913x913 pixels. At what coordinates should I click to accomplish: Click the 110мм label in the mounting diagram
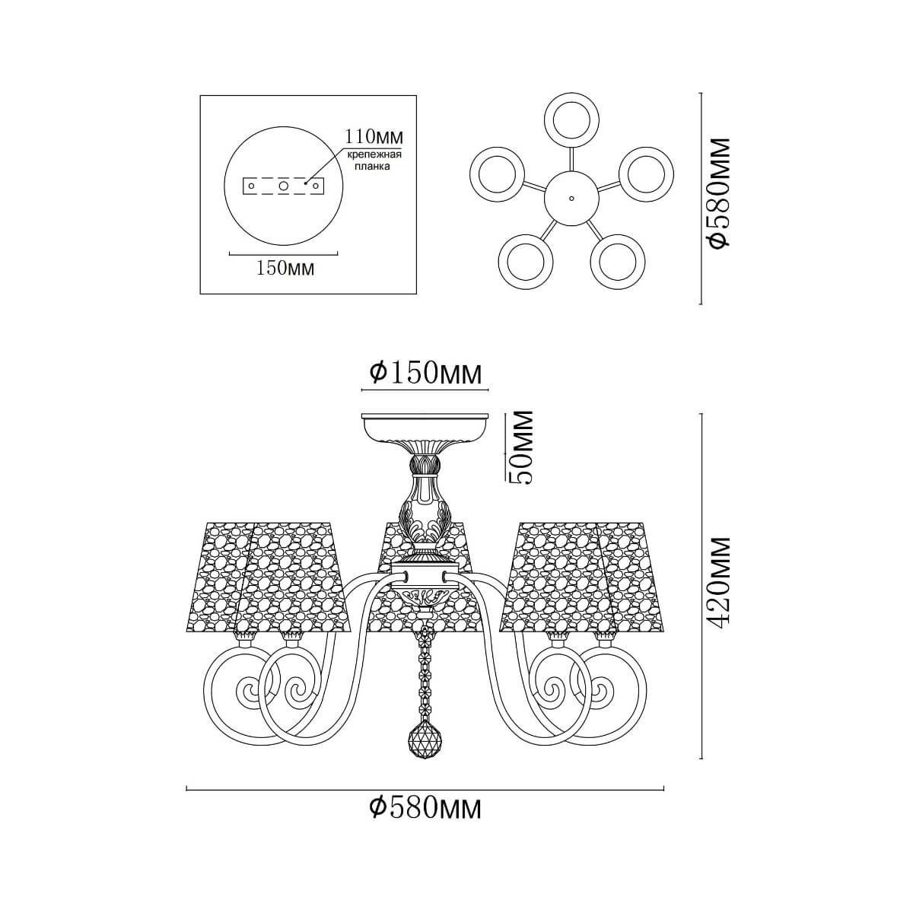[374, 137]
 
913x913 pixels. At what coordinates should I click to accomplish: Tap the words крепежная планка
[374, 161]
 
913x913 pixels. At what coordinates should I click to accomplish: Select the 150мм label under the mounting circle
[285, 269]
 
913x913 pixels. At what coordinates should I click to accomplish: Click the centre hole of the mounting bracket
[284, 186]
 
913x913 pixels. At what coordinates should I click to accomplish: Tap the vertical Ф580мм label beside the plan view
[717, 192]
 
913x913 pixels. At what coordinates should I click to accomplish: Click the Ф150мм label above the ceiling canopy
[425, 374]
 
